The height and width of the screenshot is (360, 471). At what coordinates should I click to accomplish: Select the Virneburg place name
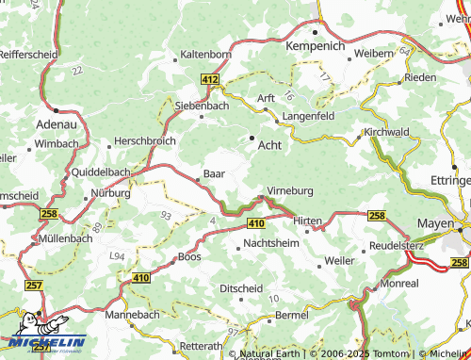pyautogui.click(x=290, y=189)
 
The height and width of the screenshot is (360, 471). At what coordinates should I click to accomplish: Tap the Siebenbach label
pyautogui.click(x=203, y=106)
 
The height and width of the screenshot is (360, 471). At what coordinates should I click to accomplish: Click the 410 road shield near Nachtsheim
pyautogui.click(x=255, y=222)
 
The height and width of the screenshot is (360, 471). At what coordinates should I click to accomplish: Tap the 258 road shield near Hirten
pyautogui.click(x=376, y=216)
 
